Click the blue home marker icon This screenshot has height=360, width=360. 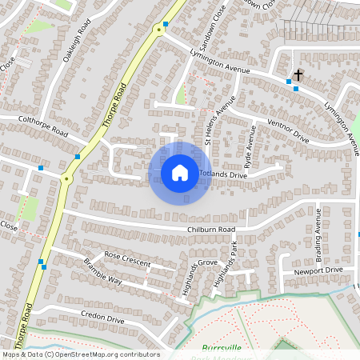click(180, 172)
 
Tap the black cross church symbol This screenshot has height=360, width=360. click(298, 75)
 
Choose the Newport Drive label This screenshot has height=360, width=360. click(318, 270)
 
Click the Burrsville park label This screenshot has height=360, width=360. click(222, 348)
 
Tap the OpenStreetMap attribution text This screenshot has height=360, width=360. click(80, 354)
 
